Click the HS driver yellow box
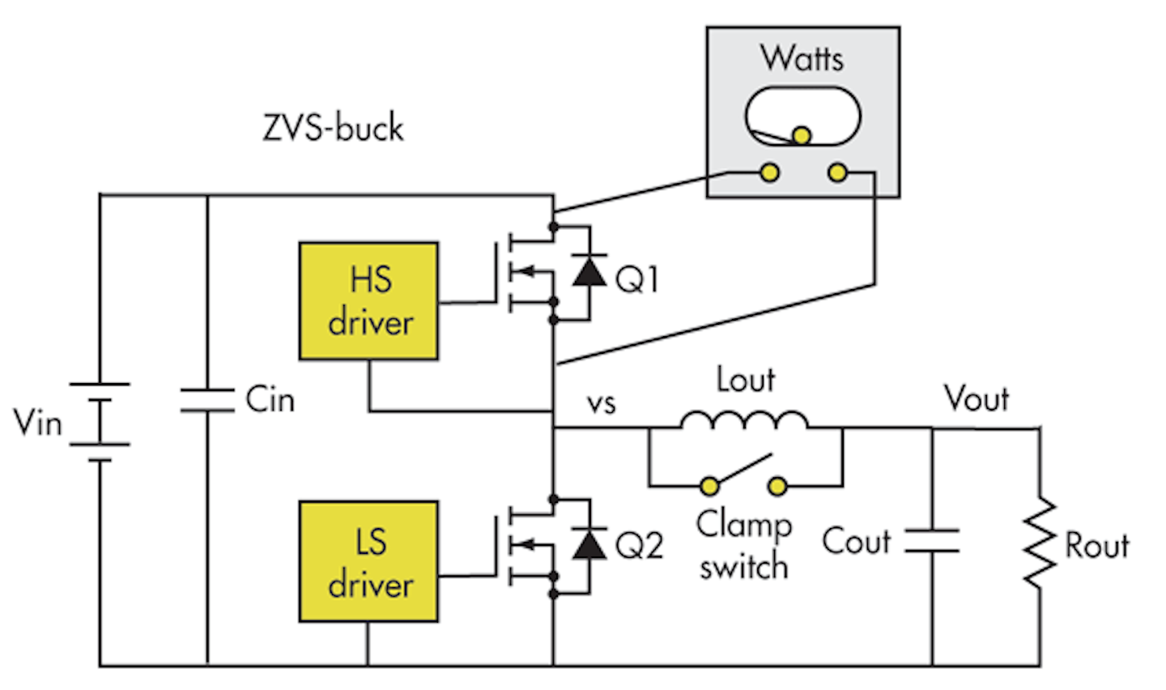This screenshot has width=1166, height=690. click(368, 300)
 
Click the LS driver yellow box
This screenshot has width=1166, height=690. click(368, 561)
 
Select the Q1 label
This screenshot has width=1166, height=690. click(637, 279)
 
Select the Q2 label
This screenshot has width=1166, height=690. click(639, 545)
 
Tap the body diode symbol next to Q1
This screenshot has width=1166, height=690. click(589, 271)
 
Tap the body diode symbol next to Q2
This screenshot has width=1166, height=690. click(589, 543)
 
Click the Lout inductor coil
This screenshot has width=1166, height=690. click(744, 420)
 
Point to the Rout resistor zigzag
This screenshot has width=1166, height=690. click(1040, 543)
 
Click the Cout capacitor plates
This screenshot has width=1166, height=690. click(932, 541)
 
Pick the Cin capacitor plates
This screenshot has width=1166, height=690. click(207, 400)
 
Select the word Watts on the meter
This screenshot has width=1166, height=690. click(802, 58)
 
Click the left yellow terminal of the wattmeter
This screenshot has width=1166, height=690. click(769, 172)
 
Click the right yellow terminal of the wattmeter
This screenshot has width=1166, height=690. click(838, 172)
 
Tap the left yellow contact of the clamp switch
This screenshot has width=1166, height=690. click(710, 486)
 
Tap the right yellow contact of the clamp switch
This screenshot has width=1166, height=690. click(777, 486)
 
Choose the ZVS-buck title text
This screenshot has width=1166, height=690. click(333, 128)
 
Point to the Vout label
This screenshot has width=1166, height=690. click(977, 398)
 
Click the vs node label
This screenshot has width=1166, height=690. click(601, 402)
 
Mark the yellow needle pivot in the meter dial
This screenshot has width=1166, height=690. click(802, 135)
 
